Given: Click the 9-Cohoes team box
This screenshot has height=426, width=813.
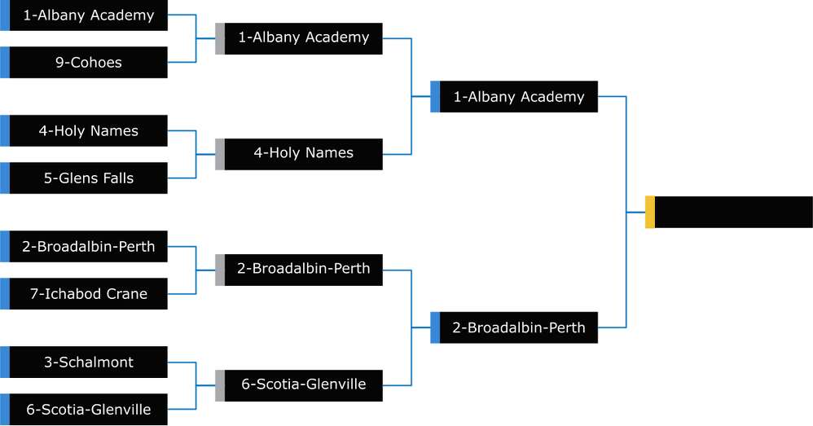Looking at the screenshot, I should click(x=88, y=63).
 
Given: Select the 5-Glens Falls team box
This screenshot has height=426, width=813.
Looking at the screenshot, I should click(x=88, y=178).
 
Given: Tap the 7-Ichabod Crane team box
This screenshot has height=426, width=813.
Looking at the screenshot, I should click(x=88, y=294).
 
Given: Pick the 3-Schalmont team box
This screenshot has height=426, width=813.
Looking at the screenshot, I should click(x=88, y=362).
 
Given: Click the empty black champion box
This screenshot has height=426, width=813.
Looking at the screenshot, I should click(x=733, y=213).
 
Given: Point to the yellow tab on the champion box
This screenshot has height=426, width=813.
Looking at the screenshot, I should click(x=650, y=213).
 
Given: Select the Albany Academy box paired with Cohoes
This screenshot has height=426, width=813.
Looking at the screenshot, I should click(x=88, y=15).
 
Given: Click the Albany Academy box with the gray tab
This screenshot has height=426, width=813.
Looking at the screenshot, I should click(x=303, y=37).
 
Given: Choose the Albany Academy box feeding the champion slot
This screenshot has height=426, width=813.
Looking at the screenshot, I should click(x=518, y=97).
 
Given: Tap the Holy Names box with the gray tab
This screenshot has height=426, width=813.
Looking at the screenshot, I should click(x=303, y=153).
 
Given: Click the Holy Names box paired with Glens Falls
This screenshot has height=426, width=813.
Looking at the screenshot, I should click(x=88, y=131).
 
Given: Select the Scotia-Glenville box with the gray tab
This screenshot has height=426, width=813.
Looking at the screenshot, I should click(x=303, y=384).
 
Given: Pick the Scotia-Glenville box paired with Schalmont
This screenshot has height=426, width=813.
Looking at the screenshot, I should click(x=88, y=410).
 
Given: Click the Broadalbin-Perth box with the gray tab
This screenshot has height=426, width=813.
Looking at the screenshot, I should click(x=303, y=269).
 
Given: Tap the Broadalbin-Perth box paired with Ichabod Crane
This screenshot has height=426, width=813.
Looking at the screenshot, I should click(x=88, y=247).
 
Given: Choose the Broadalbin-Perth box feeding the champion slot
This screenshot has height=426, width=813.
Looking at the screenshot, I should click(x=518, y=328).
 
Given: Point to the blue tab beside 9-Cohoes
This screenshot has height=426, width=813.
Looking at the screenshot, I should click(x=5, y=63).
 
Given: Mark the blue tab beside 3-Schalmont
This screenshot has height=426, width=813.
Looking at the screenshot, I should click(x=5, y=362).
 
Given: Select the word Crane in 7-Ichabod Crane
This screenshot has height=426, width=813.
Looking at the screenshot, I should click(x=127, y=294).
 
